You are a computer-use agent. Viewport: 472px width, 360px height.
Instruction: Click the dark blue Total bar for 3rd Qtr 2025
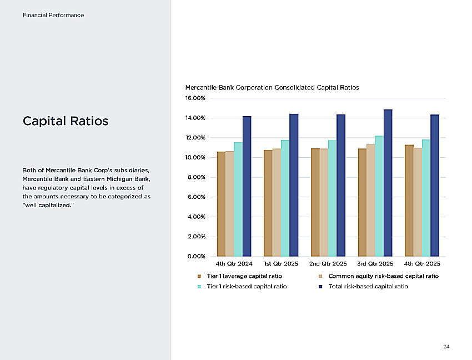388,183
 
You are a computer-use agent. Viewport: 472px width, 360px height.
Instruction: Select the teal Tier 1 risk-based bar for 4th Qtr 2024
238,199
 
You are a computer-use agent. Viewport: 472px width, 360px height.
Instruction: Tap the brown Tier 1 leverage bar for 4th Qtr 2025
409,201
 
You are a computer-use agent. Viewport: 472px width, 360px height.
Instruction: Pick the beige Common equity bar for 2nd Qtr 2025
324,202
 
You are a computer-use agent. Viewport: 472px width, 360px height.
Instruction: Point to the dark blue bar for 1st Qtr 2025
294,185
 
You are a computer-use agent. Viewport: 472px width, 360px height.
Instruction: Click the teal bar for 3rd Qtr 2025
379,196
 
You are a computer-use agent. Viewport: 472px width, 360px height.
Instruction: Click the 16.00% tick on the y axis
195,98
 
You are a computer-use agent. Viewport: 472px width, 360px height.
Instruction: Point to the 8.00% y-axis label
196,177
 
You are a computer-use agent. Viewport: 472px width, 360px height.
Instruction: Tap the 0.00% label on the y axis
196,256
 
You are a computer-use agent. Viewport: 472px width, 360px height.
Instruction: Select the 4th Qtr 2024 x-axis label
234,263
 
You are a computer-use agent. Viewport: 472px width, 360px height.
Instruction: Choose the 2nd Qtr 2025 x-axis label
328,263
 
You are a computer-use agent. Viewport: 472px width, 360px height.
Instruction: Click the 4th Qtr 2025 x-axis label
421,263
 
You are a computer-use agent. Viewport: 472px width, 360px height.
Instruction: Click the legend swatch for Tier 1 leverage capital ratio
199,276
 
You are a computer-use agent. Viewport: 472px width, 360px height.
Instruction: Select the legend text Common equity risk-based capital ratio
384,276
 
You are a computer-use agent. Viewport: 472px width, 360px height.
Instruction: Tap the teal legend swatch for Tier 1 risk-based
199,287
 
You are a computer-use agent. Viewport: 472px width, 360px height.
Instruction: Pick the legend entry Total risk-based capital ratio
368,286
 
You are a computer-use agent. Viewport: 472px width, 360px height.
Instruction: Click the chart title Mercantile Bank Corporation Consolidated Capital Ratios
272,87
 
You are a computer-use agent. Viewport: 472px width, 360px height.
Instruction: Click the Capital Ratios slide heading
66,121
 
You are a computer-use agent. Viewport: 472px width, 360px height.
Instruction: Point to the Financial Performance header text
53,15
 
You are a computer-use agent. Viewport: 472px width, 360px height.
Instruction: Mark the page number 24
446,347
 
